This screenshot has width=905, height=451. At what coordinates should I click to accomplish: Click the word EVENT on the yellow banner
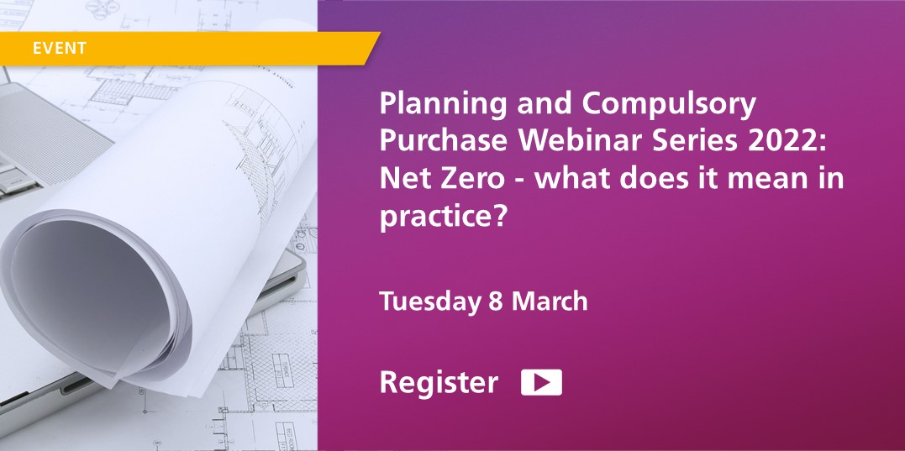point(59,48)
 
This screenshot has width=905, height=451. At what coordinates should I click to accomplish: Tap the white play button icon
point(541,382)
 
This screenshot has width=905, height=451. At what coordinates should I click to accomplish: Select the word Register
point(439,383)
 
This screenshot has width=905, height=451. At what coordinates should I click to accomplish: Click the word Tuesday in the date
point(429,302)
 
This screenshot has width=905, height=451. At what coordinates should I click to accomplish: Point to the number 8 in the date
point(495,302)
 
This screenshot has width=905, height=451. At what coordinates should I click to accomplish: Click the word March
point(550,302)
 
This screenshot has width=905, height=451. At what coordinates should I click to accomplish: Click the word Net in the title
point(401,178)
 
